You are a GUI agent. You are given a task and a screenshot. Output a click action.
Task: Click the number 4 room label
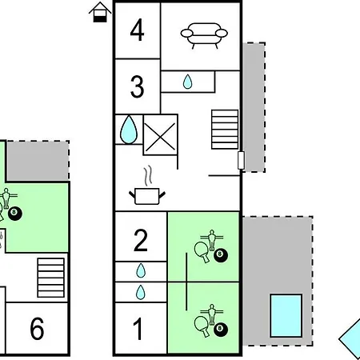(x=137, y=30)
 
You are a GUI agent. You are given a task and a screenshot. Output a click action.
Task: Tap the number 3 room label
(x=138, y=86)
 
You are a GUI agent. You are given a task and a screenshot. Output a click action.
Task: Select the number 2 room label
(x=140, y=240)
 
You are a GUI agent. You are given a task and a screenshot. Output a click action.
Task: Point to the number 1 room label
(x=138, y=329)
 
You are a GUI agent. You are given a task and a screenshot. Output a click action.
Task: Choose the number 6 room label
(x=37, y=329)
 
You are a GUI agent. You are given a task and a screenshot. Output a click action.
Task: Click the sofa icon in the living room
(x=204, y=35)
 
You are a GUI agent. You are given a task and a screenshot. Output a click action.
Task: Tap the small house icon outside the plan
(x=100, y=12)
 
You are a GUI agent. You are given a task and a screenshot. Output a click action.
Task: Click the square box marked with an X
(x=160, y=134)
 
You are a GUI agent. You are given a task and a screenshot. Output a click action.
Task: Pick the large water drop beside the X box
(x=129, y=130)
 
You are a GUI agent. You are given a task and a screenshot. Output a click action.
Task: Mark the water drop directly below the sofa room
(x=187, y=82)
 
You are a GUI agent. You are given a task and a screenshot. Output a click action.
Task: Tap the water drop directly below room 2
(x=141, y=271)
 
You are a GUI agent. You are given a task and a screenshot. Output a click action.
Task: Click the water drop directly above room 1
(x=141, y=292)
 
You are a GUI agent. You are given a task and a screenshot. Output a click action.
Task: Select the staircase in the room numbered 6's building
(x=51, y=278)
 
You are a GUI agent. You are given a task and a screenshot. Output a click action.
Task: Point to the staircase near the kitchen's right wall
(x=225, y=130)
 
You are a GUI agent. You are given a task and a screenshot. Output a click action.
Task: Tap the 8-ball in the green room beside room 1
(x=221, y=330)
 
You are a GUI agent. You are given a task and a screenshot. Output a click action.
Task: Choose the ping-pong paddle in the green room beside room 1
(x=202, y=326)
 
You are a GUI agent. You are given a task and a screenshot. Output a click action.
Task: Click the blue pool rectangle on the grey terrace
(x=286, y=316)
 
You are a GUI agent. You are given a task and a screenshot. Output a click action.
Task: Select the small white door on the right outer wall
(x=241, y=160)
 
